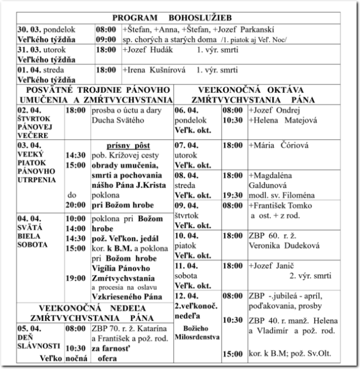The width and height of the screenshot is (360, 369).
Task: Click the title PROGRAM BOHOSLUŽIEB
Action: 180,18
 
